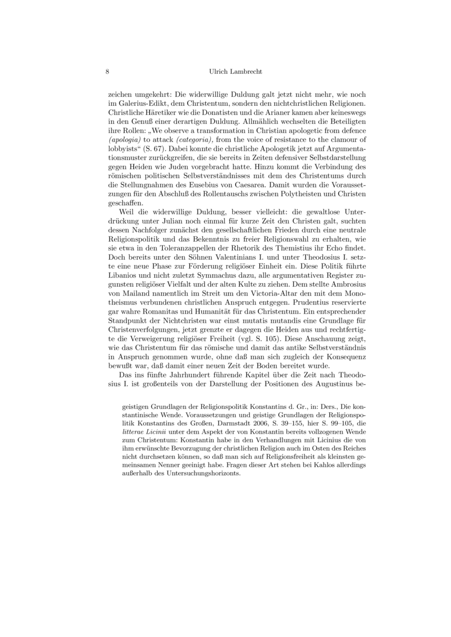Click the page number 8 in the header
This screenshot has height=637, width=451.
pos(107,72)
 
